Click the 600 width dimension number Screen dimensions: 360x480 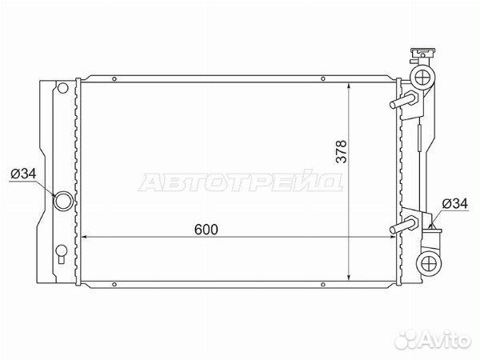tap(206, 228)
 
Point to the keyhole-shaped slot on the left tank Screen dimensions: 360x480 tap(62, 256)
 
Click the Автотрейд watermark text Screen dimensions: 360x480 tap(241, 182)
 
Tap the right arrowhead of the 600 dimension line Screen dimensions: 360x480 tap(391, 237)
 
